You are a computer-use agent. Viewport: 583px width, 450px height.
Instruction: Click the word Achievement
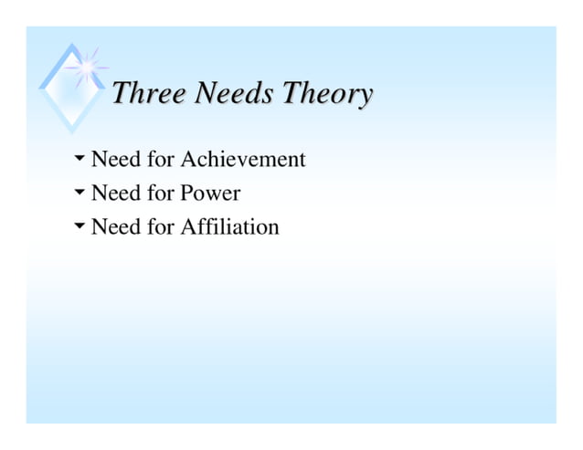click(242, 160)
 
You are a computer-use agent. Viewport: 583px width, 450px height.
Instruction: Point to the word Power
click(210, 194)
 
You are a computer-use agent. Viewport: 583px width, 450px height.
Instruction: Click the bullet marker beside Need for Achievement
click(79, 160)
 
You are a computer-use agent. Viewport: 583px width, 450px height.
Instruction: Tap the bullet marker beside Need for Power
click(79, 193)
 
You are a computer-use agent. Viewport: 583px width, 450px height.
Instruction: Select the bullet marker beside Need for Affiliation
click(79, 225)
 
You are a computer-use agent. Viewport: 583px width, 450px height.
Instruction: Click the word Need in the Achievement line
click(115, 160)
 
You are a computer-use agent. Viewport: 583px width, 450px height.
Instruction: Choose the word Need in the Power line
click(115, 194)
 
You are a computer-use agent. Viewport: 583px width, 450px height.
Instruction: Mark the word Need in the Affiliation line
click(115, 226)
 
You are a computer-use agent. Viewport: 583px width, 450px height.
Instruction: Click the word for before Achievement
click(160, 160)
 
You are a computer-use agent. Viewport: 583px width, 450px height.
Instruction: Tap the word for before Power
click(160, 194)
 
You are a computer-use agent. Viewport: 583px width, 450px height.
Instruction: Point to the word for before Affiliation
click(160, 226)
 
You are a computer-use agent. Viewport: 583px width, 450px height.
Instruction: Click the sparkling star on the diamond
click(88, 65)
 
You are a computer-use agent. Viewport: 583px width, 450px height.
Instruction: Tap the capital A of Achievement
click(189, 160)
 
